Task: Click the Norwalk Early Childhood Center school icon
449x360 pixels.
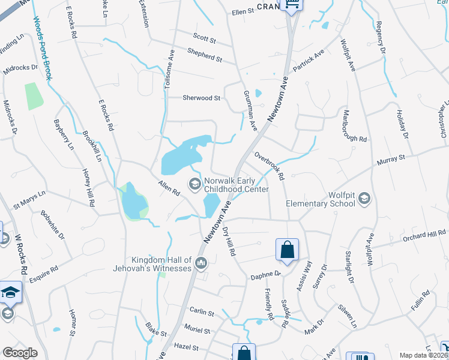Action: pos(195,183)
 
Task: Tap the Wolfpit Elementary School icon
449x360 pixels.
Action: pos(364,199)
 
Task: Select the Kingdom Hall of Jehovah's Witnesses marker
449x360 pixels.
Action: pos(201,262)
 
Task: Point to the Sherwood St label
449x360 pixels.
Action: pos(202,98)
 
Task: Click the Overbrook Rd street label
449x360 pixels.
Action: pos(268,166)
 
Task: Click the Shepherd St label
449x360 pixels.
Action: pos(203,56)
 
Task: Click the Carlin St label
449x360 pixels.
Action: pos(202,313)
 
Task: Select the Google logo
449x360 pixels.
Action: pos(20,353)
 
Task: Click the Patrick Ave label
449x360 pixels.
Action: pos(309,61)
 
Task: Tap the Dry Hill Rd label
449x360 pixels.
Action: pos(231,241)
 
